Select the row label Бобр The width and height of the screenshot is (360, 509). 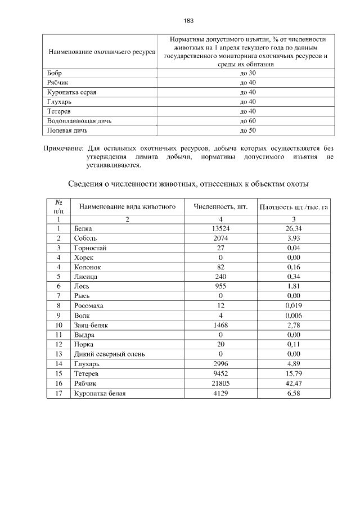coord(55,73)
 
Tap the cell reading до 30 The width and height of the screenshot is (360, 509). coord(247,73)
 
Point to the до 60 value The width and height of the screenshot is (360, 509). coord(247,121)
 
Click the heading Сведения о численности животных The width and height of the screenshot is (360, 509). coord(188,184)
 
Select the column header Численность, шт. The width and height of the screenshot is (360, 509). coord(220,206)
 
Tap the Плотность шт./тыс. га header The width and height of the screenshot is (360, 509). coord(293,207)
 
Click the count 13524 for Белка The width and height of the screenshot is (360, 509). coord(220,228)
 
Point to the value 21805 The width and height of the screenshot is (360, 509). coord(220,384)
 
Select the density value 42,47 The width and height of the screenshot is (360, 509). coord(293,384)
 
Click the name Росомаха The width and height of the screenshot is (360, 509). coord(88,305)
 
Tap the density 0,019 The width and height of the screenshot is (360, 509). coord(293,305)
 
